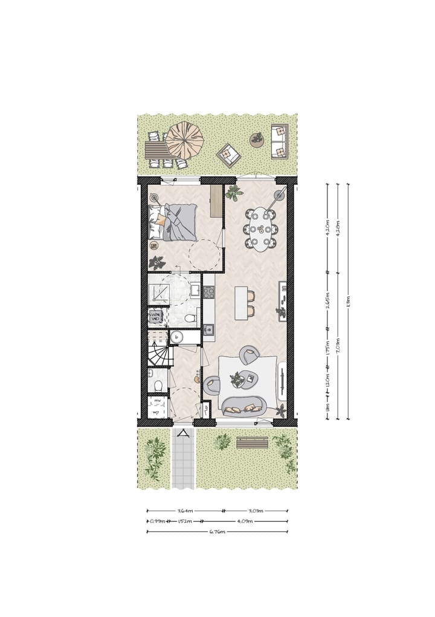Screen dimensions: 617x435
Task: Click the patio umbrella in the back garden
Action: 184,140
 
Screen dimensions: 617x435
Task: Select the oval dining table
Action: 262,229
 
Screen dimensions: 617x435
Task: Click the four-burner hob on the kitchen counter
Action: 208,292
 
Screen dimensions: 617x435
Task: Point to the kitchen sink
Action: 208,330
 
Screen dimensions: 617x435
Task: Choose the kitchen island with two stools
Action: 241,303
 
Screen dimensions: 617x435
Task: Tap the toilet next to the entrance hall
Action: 157,384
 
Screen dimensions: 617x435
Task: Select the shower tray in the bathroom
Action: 160,294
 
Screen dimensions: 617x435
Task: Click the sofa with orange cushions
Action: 245,407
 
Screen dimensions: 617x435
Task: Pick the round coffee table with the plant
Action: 237,380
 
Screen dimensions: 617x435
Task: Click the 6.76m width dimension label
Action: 217,532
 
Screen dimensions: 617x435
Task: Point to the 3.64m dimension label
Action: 185,511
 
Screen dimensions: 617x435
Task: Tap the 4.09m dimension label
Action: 245,521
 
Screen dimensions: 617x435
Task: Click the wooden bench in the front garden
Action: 252,443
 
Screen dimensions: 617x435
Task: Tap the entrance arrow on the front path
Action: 182,434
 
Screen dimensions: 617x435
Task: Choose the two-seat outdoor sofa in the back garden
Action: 280,141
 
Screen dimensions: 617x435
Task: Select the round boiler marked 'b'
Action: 177,337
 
